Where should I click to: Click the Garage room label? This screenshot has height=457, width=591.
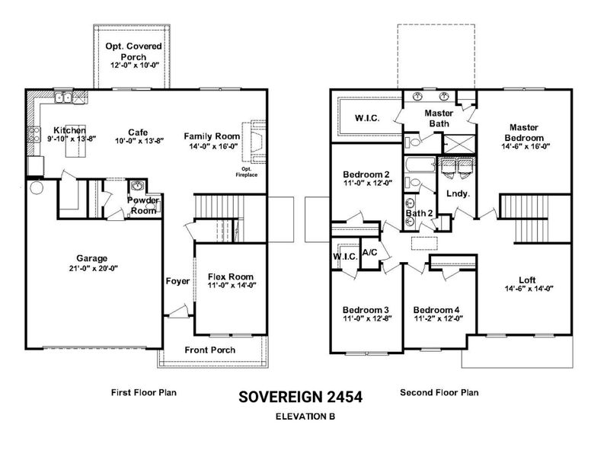pos(92,258)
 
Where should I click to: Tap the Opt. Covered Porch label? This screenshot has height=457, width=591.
pos(133,51)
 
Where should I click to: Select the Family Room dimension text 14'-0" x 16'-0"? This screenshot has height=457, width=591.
pos(213,146)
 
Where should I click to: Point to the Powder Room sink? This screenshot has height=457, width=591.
pos(137,187)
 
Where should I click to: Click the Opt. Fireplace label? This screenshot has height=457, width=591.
pos(247,172)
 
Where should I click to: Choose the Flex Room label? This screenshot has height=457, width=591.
pos(230,276)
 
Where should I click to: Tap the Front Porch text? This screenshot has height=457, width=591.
pos(210,350)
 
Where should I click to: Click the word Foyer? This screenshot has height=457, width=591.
pos(177,281)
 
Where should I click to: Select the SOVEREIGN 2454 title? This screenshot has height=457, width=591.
pos(300,397)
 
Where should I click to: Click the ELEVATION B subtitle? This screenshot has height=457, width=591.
pos(305,417)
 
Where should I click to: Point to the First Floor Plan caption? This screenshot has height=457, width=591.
pos(144,392)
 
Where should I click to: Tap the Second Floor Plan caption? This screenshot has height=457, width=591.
pos(439,392)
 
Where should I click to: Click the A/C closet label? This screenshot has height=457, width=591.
pos(369,252)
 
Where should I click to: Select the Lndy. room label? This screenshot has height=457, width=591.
pos(458,193)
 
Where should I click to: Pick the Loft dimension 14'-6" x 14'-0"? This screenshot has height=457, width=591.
pos(529,289)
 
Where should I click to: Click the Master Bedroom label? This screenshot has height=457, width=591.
pos(524,133)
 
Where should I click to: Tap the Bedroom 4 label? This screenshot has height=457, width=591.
pos(436,310)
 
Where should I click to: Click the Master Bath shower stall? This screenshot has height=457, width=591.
pos(458,144)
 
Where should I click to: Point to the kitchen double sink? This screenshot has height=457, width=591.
pos(63,97)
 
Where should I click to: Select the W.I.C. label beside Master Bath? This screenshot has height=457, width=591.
pos(367,118)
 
